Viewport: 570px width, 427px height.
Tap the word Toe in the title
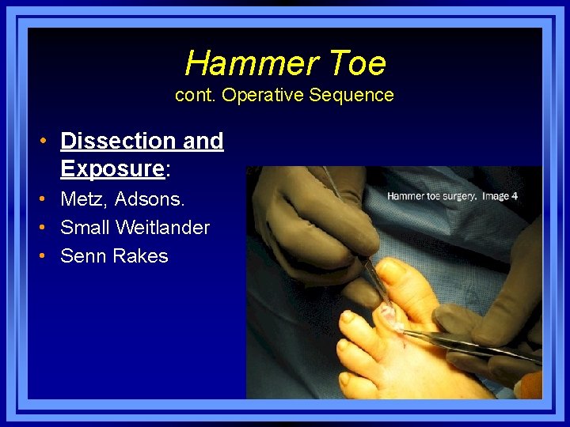point(353,62)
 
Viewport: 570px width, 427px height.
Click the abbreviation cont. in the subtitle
point(195,95)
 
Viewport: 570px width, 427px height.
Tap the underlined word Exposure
point(112,168)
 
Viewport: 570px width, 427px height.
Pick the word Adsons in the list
point(150,199)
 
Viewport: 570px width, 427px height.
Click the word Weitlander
point(162,228)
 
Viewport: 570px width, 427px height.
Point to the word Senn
point(83,256)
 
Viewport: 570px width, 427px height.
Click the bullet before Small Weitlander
point(47,228)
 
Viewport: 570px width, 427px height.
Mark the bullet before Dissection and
point(47,141)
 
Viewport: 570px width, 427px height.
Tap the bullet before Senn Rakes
point(47,256)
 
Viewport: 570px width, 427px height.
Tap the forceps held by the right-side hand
point(467,345)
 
